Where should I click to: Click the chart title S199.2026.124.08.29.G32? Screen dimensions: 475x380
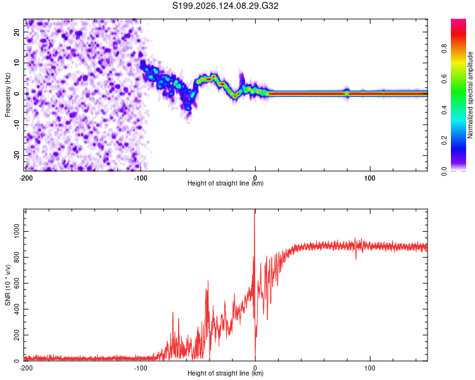tap(225, 6)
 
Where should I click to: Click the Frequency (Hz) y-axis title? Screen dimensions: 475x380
tap(8, 95)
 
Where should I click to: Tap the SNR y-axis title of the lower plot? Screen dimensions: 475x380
tap(8, 285)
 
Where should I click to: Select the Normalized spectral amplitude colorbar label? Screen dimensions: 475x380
tap(469, 94)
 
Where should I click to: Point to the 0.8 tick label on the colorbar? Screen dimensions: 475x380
tap(444, 48)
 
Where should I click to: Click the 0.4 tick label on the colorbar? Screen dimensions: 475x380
tap(444, 110)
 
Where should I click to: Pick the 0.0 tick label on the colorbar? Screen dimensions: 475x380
tap(444, 171)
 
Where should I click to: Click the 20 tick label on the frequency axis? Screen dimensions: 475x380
tap(16, 32)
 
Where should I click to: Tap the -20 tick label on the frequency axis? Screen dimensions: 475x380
tap(16, 156)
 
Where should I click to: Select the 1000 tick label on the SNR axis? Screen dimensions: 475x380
tap(16, 231)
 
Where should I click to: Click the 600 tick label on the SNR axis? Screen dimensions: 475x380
tap(16, 283)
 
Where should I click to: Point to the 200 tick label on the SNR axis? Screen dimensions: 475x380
tap(16, 335)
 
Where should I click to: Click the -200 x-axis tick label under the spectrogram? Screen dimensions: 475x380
tap(26, 178)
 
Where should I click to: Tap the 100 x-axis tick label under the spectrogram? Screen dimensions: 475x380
tap(370, 178)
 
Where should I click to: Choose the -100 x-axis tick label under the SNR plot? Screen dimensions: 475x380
tap(141, 368)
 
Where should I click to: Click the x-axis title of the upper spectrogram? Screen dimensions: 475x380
tap(225, 183)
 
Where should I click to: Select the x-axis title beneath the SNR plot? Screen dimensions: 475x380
tap(225, 373)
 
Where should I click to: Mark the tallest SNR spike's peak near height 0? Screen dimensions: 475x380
tap(255, 210)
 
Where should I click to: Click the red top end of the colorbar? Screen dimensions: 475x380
tap(459, 20)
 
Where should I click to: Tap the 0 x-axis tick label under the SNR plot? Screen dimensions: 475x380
tap(255, 368)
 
